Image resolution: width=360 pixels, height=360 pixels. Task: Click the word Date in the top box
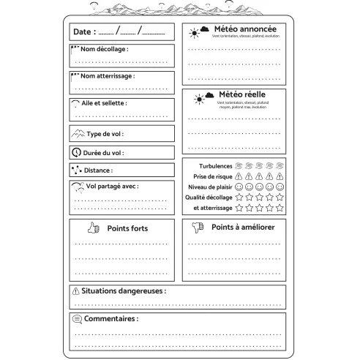[x=83, y=32]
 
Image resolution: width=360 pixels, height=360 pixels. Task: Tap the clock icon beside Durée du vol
[x=76, y=153]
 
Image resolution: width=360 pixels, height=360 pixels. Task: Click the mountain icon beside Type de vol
[x=78, y=134]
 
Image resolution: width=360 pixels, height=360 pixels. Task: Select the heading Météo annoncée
[x=244, y=29]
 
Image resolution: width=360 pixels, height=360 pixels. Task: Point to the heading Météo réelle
[x=241, y=94]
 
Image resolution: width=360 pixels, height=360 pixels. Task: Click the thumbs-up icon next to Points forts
[x=93, y=228]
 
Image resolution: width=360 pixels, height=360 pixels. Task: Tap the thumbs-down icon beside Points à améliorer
[x=196, y=228]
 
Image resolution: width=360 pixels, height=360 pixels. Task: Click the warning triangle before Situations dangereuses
[x=76, y=291]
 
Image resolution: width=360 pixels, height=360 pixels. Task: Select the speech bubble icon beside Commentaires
[x=77, y=319]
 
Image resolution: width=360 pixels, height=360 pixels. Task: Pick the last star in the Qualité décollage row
[x=279, y=197]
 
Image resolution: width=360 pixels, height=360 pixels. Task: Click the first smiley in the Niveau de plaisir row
[x=239, y=187]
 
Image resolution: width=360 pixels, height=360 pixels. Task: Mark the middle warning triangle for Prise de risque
[x=259, y=176]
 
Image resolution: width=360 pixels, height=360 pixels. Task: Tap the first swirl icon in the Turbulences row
[x=239, y=166]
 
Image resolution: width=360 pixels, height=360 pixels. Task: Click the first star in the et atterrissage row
[x=239, y=208]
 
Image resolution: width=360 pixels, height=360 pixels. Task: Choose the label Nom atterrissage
[x=107, y=75]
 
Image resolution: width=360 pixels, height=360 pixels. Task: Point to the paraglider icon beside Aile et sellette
[x=75, y=103]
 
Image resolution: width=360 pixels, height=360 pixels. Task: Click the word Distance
[x=98, y=170]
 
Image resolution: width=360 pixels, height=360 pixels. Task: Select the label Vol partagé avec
[x=112, y=186]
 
